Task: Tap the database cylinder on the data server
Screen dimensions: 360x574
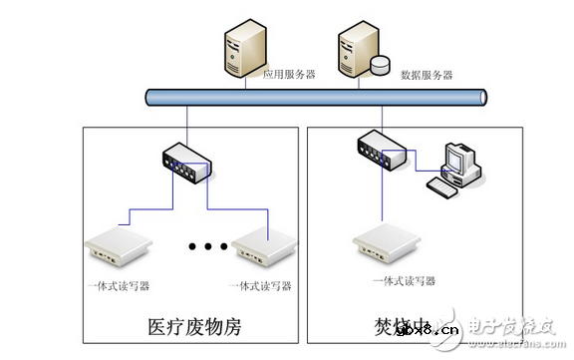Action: click(381, 65)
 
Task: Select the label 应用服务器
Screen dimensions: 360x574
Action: click(289, 75)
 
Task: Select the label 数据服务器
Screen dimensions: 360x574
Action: click(427, 75)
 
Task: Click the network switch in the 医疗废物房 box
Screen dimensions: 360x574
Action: click(186, 162)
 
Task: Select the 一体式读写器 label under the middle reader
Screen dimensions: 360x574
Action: click(260, 286)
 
